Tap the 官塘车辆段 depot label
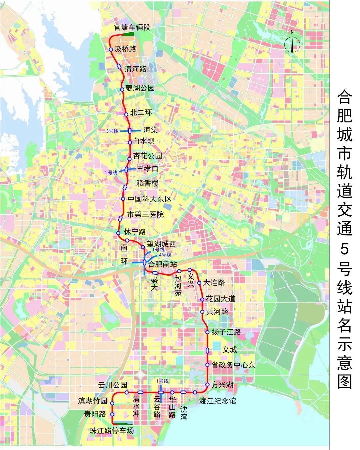click(132, 27)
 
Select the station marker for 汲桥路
click(111, 49)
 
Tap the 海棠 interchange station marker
click(130, 131)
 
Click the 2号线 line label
click(111, 172)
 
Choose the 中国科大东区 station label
click(150, 199)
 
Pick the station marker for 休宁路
click(118, 233)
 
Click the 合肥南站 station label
click(162, 264)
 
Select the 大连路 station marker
click(199, 283)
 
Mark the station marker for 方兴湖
click(207, 385)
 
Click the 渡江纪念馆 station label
click(217, 401)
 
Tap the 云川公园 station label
click(112, 385)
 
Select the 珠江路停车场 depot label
click(111, 430)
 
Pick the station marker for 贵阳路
click(112, 414)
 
